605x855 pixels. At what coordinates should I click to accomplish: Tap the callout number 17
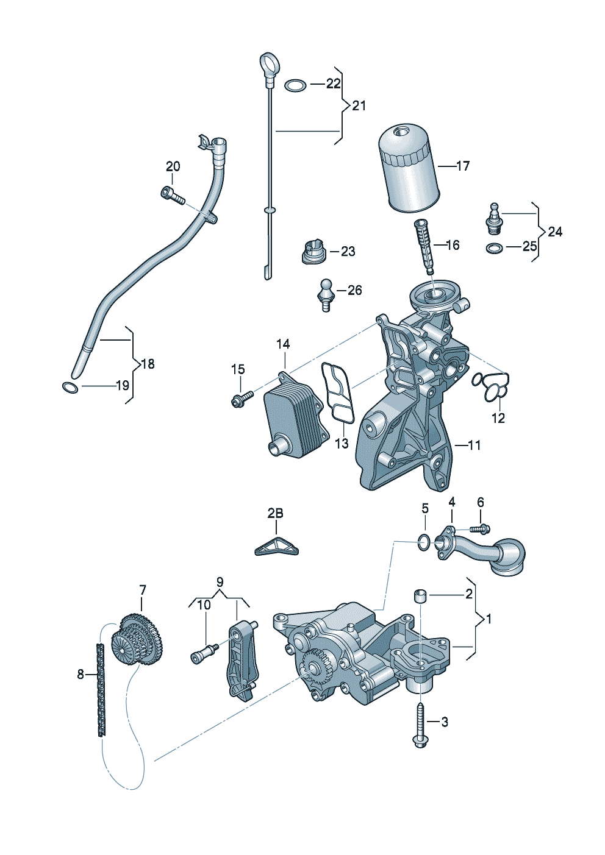point(463,166)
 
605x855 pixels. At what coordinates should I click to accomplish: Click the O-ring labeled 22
point(296,85)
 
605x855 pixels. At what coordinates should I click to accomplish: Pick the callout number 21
point(359,106)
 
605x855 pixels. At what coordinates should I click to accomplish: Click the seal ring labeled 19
point(70,387)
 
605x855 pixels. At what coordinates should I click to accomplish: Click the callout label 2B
point(275,514)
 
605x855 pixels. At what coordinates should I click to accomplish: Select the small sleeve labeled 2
point(421,595)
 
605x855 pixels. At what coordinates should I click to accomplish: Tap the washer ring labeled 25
point(495,247)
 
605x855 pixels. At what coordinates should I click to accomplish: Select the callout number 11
point(474,445)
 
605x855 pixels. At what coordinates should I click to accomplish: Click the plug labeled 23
point(313,252)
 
